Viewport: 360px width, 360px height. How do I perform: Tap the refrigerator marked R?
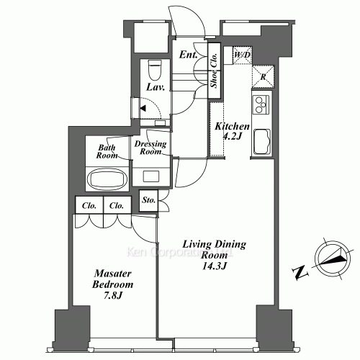pos(261,77)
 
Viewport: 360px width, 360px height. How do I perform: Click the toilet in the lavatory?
pos(153,69)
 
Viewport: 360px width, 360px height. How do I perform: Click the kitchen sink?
pos(260,140)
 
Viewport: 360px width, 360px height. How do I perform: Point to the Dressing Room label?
pos(151,148)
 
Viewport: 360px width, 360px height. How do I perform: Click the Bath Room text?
pos(107,151)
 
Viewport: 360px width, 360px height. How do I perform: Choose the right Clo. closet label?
pos(117,205)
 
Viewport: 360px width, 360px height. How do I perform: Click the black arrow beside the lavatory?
pos(144,109)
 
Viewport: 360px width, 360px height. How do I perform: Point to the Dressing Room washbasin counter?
pos(153,176)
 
